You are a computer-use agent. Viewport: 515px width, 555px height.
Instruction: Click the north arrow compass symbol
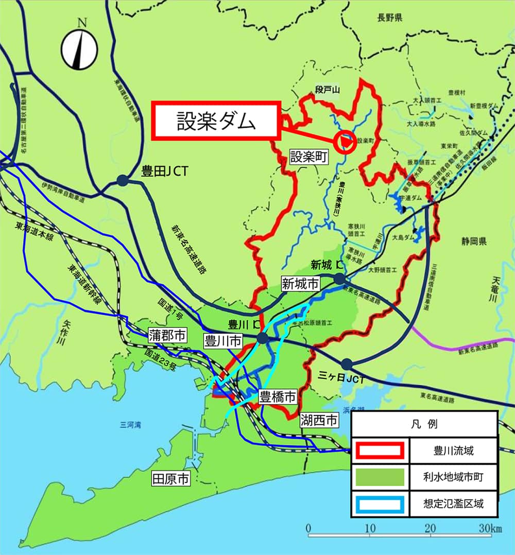pyautogui.click(x=80, y=49)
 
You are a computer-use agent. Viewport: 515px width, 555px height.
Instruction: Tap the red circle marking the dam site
pyautogui.click(x=345, y=142)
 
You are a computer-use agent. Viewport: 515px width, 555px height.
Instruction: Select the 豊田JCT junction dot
pyautogui.click(x=123, y=180)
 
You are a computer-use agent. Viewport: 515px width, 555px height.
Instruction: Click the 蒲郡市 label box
pyautogui.click(x=167, y=335)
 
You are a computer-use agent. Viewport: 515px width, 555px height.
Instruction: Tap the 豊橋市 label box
pyautogui.click(x=278, y=397)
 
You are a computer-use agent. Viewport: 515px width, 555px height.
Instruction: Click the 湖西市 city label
pyautogui.click(x=319, y=421)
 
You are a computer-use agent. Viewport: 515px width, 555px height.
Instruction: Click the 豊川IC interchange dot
pyautogui.click(x=262, y=338)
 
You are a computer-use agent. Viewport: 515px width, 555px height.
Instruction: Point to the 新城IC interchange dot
pyautogui.click(x=339, y=279)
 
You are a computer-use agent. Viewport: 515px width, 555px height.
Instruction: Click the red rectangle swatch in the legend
pyautogui.click(x=380, y=451)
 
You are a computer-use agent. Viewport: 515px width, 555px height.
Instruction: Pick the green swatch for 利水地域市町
pyautogui.click(x=380, y=477)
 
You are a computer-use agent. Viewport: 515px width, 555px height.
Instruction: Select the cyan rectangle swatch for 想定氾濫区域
pyautogui.click(x=380, y=503)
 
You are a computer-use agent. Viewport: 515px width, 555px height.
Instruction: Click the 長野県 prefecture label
pyautogui.click(x=389, y=18)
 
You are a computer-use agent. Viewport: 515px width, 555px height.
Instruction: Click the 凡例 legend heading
pyautogui.click(x=424, y=424)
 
